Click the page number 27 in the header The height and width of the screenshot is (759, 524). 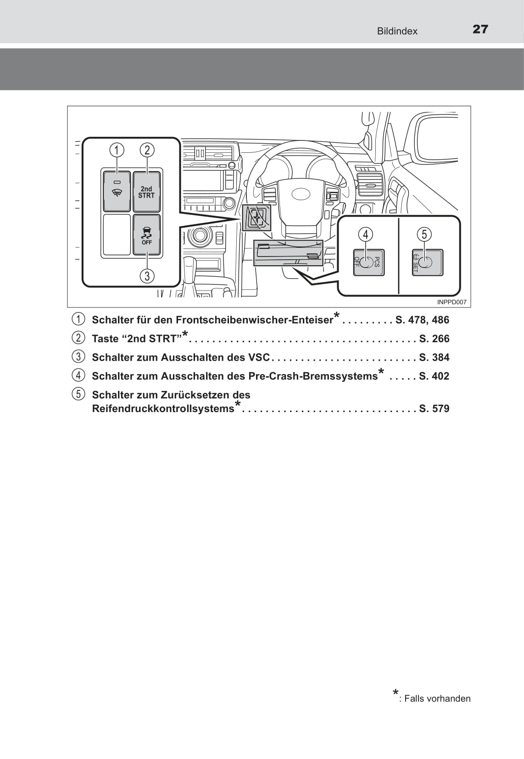480,29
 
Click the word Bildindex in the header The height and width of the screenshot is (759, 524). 397,31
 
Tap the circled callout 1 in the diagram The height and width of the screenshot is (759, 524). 117,150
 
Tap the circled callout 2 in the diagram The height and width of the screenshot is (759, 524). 147,150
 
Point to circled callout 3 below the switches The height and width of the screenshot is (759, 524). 147,276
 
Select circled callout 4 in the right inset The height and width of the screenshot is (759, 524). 366,234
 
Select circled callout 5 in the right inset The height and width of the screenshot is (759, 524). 424,234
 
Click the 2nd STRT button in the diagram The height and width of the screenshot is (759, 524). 146,192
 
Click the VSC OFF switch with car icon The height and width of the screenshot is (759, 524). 146,235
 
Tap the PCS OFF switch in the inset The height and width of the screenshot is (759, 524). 368,262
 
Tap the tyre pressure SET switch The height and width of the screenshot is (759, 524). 427,262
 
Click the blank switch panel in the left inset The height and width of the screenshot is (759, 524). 117,235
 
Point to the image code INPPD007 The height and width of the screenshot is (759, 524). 452,302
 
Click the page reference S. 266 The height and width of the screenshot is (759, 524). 434,339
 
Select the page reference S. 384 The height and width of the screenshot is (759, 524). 434,357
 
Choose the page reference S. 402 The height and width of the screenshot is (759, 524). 434,376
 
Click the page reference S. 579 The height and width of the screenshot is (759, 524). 434,408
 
